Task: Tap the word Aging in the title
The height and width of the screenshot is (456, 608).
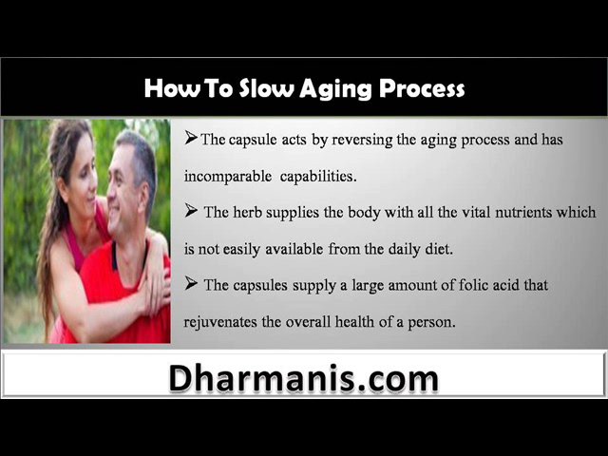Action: pyautogui.click(x=335, y=89)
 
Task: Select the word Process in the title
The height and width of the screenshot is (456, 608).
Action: pyautogui.click(x=422, y=88)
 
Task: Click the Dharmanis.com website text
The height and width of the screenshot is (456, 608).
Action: pyautogui.click(x=304, y=378)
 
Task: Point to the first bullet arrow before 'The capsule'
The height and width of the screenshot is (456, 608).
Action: pyautogui.click(x=191, y=137)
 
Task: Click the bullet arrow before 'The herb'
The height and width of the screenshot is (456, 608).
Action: pyautogui.click(x=191, y=210)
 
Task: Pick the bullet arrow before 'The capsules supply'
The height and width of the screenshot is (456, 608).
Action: pyautogui.click(x=191, y=283)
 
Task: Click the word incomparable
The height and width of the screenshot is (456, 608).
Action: pyautogui.click(x=228, y=177)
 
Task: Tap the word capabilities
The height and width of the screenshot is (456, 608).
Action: pyautogui.click(x=318, y=177)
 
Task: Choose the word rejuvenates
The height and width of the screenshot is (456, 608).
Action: pyautogui.click(x=220, y=322)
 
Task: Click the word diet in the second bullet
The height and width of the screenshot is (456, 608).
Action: pyautogui.click(x=439, y=249)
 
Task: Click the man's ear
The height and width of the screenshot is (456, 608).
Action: pyautogui.click(x=144, y=199)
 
